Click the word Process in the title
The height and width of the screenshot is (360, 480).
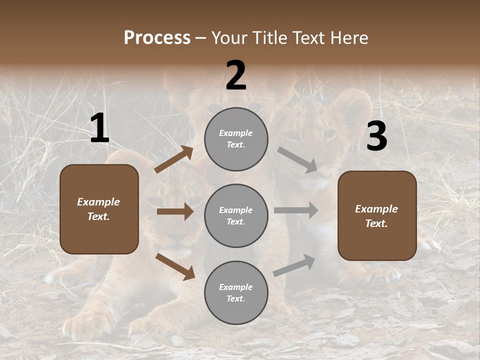pyautogui.click(x=157, y=38)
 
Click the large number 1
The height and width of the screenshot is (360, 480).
pyautogui.click(x=99, y=129)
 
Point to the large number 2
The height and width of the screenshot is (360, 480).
pyautogui.click(x=236, y=76)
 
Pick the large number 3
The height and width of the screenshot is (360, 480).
pyautogui.click(x=376, y=137)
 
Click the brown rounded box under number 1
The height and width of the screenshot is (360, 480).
pyautogui.click(x=99, y=209)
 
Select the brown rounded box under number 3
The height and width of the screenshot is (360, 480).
pyautogui.click(x=377, y=216)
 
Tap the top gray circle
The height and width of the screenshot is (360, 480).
pyautogui.click(x=236, y=139)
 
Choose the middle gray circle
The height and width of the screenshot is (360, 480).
pyautogui.click(x=236, y=216)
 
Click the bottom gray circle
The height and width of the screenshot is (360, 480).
pyautogui.click(x=236, y=293)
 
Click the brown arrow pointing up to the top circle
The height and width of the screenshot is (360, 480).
pyautogui.click(x=174, y=159)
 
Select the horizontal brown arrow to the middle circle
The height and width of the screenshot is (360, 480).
pyautogui.click(x=175, y=211)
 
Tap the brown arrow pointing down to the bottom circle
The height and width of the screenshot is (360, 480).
pyautogui.click(x=175, y=266)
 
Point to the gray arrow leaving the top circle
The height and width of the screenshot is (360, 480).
pyautogui.click(x=297, y=159)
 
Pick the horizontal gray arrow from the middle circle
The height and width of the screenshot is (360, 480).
pyautogui.click(x=296, y=210)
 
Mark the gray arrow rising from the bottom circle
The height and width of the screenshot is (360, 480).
pyautogui.click(x=294, y=265)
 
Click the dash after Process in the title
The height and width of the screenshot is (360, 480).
pyautogui.click(x=201, y=38)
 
